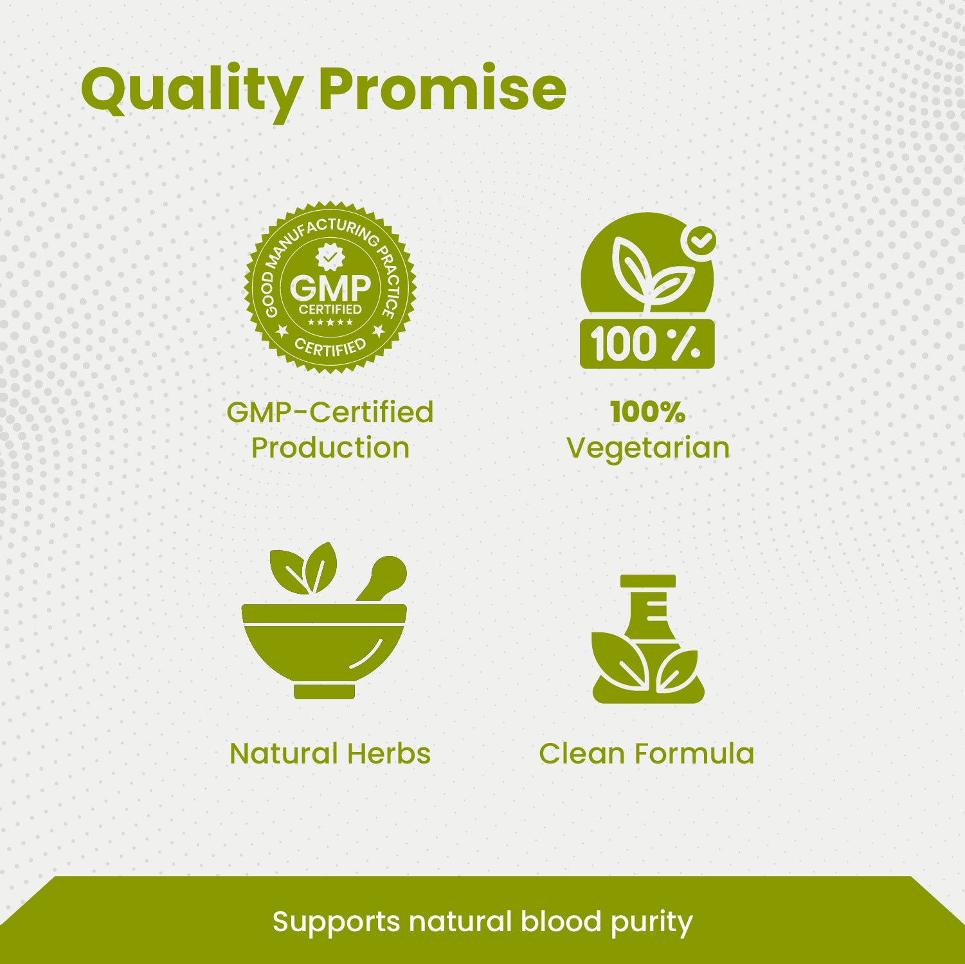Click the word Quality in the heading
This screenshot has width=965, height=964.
pos(192,90)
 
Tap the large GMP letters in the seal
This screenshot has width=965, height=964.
pos(330,287)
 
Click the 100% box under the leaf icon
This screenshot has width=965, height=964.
pos(647,344)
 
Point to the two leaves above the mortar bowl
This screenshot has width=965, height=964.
pos(303,568)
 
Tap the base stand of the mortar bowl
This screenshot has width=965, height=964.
pos(325,692)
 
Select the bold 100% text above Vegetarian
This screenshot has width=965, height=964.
pos(647,412)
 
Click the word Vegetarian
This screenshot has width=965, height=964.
pos(648,448)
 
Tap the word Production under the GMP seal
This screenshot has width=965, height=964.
pos(330,448)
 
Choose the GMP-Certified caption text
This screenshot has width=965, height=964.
pos(330,412)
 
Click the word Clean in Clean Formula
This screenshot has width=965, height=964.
pos(581,753)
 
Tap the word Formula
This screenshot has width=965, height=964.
pos(694,753)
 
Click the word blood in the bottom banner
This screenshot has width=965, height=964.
pos(561,922)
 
